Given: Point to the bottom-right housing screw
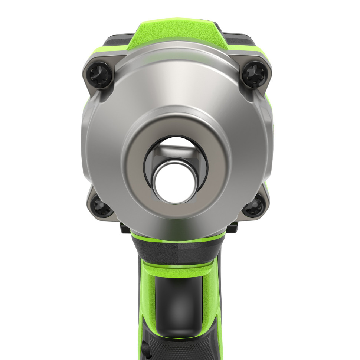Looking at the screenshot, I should point(254,206).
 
